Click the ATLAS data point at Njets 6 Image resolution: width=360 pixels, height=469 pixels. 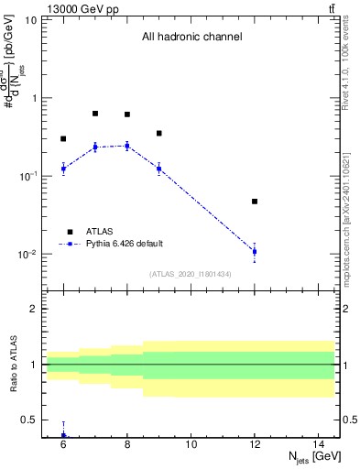(63, 139)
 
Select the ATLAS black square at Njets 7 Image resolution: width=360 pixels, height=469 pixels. (95, 114)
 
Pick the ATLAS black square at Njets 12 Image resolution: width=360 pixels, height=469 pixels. (255, 202)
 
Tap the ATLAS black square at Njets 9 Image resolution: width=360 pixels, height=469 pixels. (158, 133)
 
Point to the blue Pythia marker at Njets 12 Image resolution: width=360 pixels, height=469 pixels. (255, 251)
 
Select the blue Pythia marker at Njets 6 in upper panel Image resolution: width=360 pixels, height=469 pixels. (63, 169)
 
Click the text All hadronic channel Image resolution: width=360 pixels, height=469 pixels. (191, 38)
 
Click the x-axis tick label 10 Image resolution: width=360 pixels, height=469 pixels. (191, 444)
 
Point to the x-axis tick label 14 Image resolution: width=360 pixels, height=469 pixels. (318, 444)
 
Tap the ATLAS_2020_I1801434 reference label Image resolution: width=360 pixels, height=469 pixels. (191, 274)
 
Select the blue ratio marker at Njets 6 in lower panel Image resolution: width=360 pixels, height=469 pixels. (63, 436)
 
